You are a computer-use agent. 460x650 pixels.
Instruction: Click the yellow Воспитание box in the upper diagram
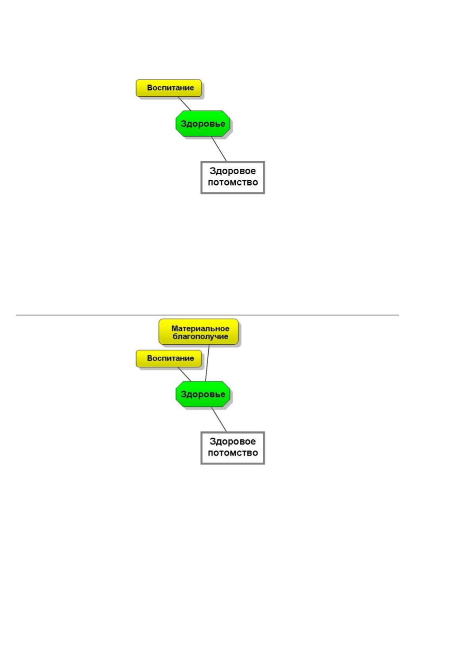(169, 88)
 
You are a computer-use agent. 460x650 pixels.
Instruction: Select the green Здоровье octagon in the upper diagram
(203, 123)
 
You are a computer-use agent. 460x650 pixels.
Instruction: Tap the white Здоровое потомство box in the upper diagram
(233, 177)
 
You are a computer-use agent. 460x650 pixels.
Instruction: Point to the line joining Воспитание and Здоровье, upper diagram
(184, 103)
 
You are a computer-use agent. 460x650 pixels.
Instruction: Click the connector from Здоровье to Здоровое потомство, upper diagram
(219, 148)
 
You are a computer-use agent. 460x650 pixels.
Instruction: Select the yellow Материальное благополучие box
(199, 332)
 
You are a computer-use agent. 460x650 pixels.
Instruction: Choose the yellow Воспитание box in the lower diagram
(169, 358)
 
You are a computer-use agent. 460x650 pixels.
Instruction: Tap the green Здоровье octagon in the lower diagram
(203, 394)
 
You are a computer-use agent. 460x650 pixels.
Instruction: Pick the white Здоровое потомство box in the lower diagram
(233, 448)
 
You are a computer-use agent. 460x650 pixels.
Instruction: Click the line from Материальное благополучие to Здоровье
(207, 363)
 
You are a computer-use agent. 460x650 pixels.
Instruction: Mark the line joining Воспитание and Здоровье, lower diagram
(184, 374)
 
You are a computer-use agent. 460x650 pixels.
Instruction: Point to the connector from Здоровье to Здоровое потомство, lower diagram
(219, 419)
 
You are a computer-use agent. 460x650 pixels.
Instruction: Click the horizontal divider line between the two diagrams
(207, 315)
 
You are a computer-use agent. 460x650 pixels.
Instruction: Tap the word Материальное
(200, 328)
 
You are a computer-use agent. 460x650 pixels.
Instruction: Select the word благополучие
(200, 337)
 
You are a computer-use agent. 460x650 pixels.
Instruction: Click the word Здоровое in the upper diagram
(233, 171)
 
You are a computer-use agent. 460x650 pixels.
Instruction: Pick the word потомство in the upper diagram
(233, 182)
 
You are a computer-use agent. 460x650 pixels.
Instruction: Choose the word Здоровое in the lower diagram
(233, 441)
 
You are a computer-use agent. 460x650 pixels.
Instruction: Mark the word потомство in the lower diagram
(233, 453)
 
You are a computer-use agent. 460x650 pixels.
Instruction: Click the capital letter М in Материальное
(174, 328)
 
